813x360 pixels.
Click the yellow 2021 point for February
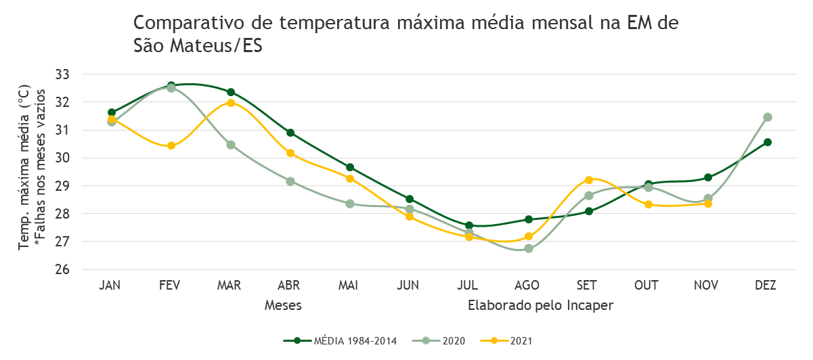click(171, 146)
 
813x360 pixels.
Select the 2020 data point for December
click(767, 117)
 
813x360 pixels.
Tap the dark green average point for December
click(767, 142)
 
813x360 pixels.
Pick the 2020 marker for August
click(529, 248)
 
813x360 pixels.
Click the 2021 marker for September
click(589, 180)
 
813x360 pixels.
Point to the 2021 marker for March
click(231, 103)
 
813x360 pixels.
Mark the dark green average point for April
click(290, 133)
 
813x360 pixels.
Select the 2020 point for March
click(231, 145)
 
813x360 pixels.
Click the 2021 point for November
click(708, 204)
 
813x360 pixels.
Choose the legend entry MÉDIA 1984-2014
click(340, 341)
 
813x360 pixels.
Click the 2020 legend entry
click(439, 341)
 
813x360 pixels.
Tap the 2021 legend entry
click(506, 341)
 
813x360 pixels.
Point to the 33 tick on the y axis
click(62, 74)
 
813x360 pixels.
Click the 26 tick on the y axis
click(62, 269)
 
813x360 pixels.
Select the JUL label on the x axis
click(468, 286)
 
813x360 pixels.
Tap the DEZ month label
click(766, 286)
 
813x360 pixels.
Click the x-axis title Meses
click(283, 305)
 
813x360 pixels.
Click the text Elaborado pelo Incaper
click(540, 305)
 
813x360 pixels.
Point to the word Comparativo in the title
click(189, 23)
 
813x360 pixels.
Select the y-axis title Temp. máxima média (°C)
click(24, 167)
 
